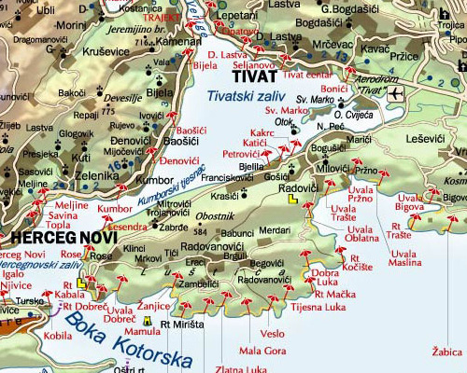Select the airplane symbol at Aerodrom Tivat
pyautogui.click(x=396, y=93)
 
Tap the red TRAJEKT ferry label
pyautogui.click(x=162, y=18)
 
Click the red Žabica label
pyautogui.click(x=448, y=352)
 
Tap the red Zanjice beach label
pyautogui.click(x=153, y=305)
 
